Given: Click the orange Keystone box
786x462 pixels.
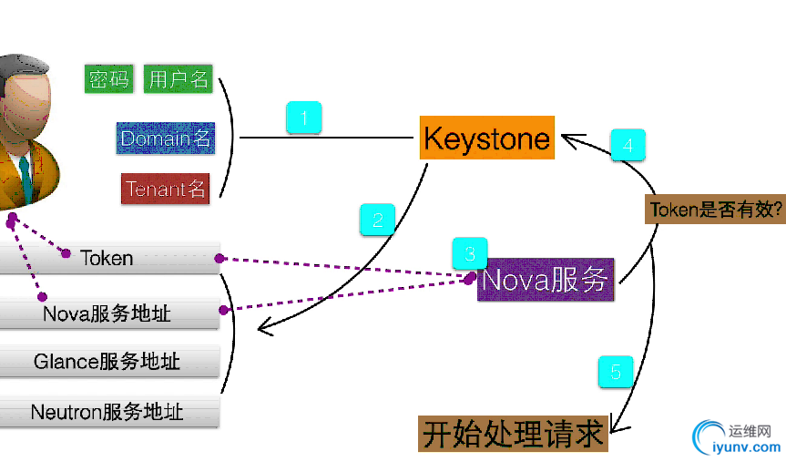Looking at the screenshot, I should (487, 139).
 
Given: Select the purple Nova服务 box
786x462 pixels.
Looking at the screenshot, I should (545, 280).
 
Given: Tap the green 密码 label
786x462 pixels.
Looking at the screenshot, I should (109, 79).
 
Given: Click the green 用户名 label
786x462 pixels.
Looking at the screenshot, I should (179, 79).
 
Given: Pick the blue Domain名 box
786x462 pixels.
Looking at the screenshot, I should (166, 139).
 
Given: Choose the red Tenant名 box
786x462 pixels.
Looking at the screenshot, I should (166, 190).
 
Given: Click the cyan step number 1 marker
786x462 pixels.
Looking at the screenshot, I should (304, 118).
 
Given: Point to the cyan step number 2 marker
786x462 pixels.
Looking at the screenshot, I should (377, 219).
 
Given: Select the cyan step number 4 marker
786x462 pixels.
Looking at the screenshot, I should (628, 144).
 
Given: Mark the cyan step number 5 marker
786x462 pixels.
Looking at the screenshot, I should (616, 372).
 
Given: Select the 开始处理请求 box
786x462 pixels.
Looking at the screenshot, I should (513, 434).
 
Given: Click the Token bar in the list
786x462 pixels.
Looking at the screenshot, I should (107, 259).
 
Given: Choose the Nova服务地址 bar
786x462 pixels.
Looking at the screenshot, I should (107, 314).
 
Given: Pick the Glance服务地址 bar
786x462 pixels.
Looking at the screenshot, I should (107, 362).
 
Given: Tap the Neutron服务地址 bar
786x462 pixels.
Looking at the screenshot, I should (107, 412).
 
